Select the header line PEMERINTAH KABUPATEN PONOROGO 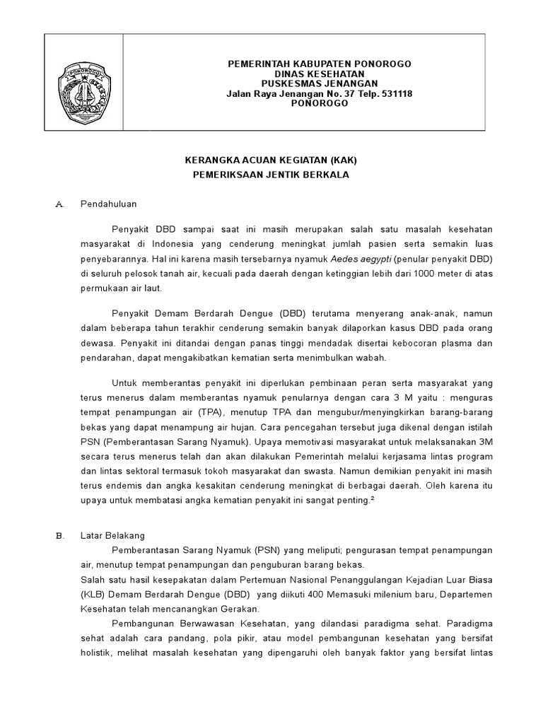pos(319,64)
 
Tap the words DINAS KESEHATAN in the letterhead pos(319,74)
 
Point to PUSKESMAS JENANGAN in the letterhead pos(319,83)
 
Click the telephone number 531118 pos(397,93)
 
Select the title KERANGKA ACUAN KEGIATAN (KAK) pos(271,160)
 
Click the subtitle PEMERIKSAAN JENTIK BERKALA pos(271,174)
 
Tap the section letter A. pos(59,204)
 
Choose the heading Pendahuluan pos(108,204)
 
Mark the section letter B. pos(59,535)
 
